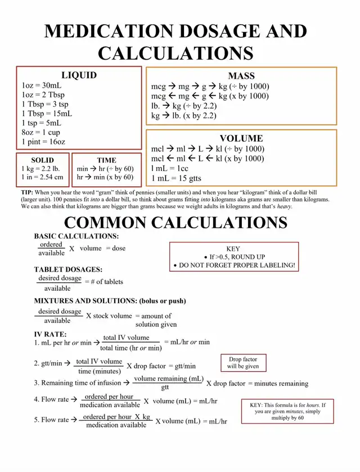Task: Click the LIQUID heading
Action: [x=79, y=75]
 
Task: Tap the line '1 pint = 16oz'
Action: [x=43, y=142]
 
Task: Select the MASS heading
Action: [x=241, y=76]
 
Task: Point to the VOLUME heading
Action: [x=241, y=138]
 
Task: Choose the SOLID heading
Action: [x=43, y=160]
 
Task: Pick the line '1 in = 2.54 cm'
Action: [x=43, y=177]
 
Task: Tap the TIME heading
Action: [x=106, y=160]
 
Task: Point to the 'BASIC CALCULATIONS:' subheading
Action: [x=76, y=236]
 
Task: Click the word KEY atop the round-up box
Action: [x=233, y=249]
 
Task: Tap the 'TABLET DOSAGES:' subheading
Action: [x=68, y=269]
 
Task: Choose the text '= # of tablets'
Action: [x=104, y=282]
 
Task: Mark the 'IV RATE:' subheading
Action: [x=50, y=334]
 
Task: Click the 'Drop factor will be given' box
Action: [x=243, y=363]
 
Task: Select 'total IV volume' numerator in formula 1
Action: [x=127, y=338]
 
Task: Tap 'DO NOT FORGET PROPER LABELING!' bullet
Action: [x=236, y=265]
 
